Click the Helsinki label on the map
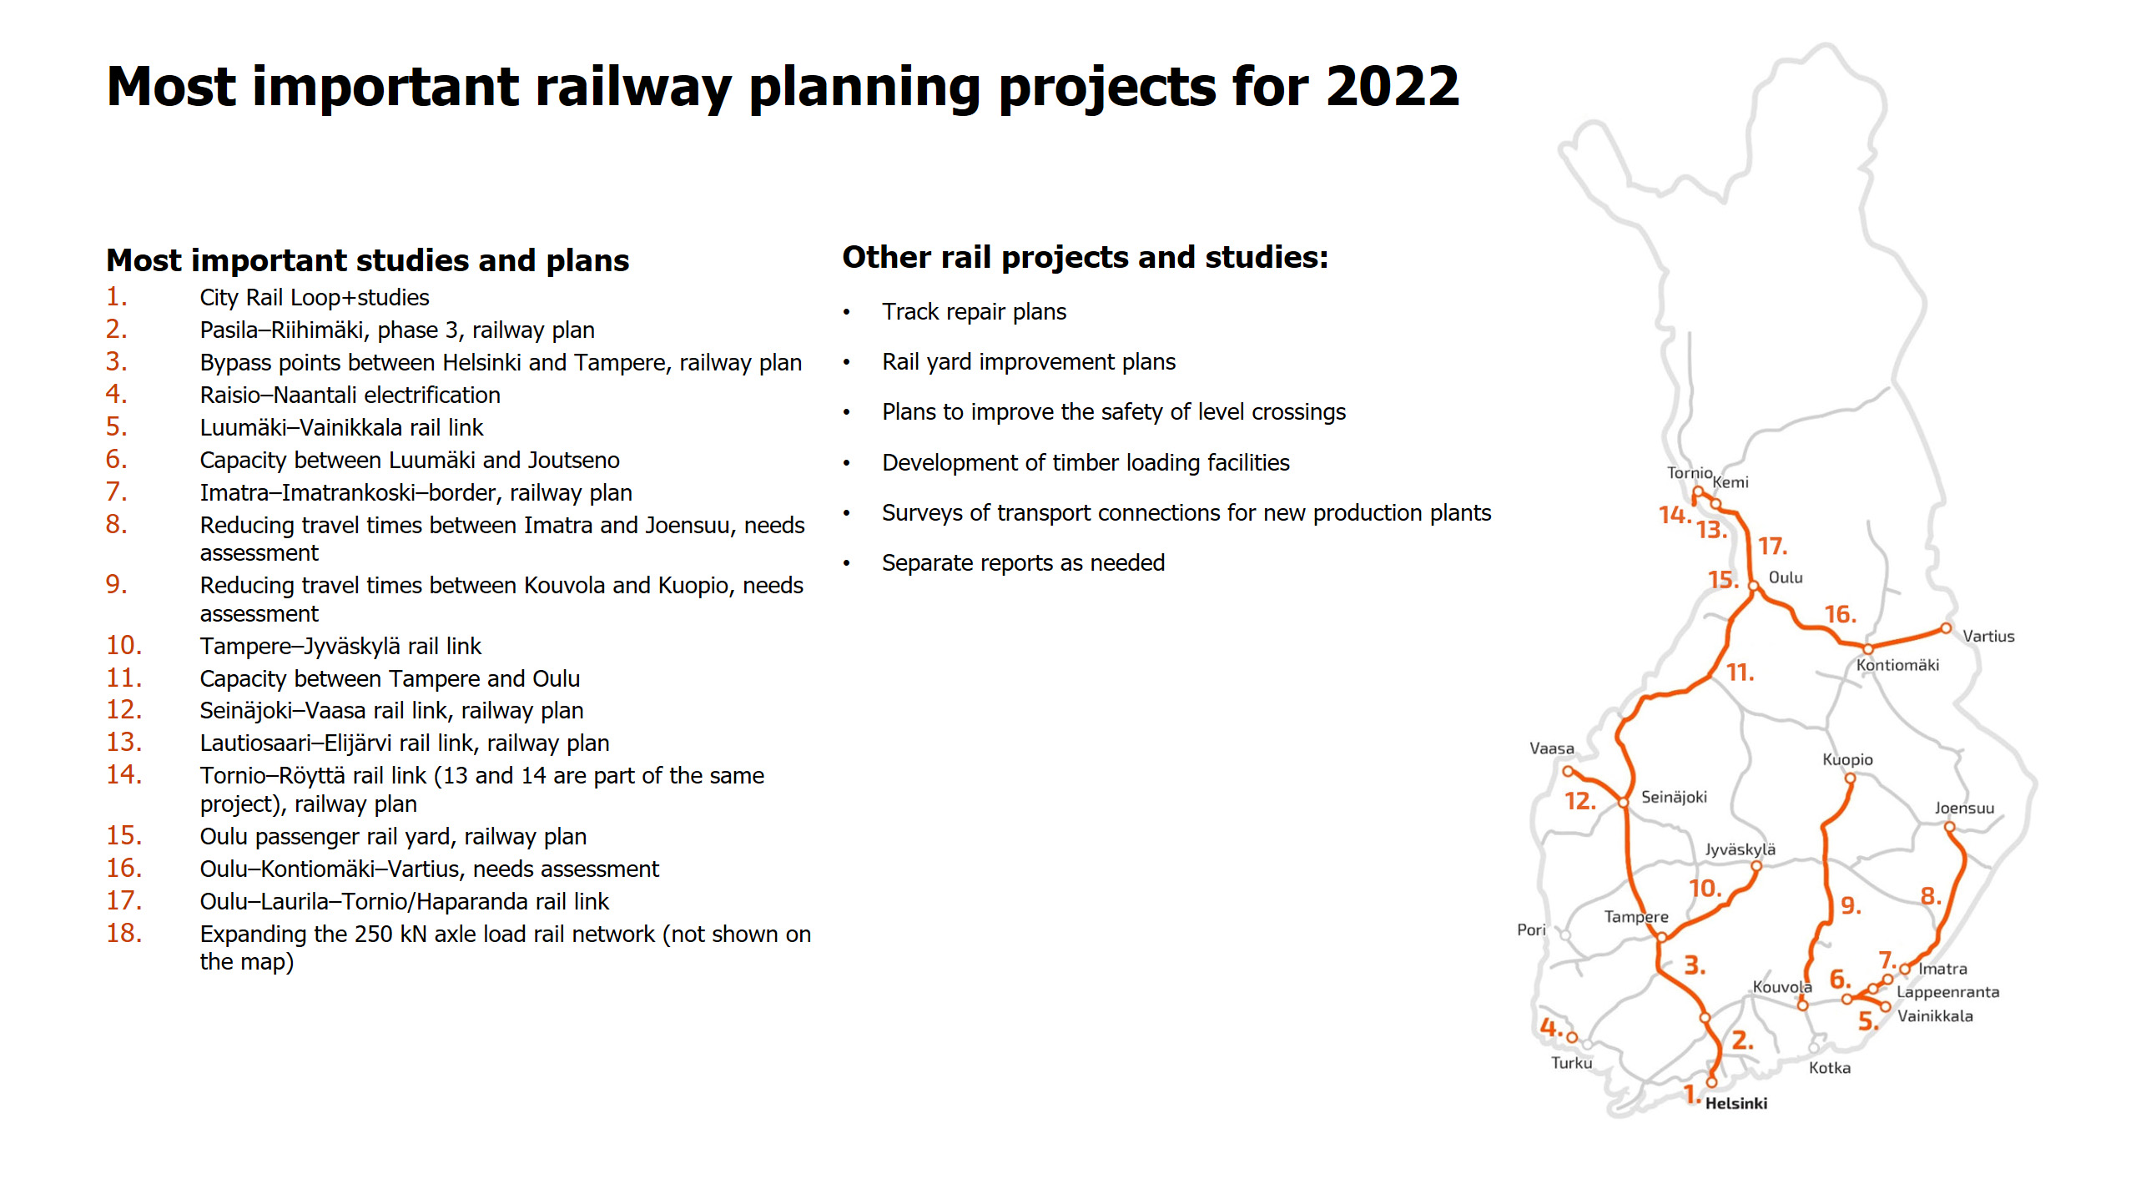(1735, 1103)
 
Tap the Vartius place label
(1988, 636)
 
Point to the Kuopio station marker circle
(1850, 778)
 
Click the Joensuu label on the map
(1964, 808)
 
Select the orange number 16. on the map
(1840, 615)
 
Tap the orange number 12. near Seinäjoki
(1579, 802)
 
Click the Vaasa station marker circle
(1568, 772)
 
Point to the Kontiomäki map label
(1897, 665)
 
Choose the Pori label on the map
(1531, 930)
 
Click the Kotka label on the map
(1829, 1068)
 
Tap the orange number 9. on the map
(1851, 905)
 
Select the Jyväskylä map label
(1740, 849)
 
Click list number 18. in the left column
(123, 933)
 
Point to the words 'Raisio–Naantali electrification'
(350, 395)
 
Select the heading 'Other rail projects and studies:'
(1085, 257)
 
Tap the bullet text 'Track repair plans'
(974, 312)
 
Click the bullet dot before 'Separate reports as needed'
(846, 564)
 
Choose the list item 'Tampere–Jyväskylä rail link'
(340, 646)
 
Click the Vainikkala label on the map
(1935, 1016)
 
